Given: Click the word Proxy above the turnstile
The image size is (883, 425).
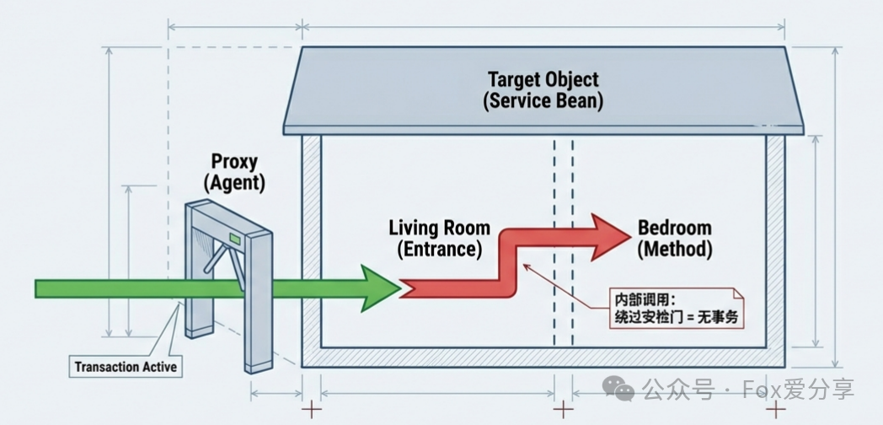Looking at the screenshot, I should point(233,162).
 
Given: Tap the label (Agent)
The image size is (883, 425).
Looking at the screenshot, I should point(233,181).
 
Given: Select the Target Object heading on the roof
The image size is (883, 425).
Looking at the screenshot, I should point(543,80).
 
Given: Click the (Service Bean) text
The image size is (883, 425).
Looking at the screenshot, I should point(543,100).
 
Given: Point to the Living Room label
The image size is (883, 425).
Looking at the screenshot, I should point(439,228).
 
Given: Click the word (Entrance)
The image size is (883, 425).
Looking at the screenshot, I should point(439,249).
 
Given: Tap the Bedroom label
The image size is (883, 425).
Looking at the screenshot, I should point(674,228).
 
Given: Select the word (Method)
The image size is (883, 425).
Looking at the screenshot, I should point(674,249).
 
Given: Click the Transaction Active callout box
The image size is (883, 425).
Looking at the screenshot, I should point(126,366).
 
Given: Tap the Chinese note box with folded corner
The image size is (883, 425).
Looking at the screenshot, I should point(677,308).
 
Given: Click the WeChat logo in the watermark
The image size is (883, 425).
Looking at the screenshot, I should point(623,389).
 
